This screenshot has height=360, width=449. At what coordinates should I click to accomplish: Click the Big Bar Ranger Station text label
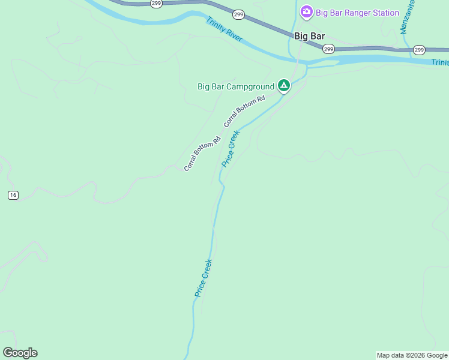357,13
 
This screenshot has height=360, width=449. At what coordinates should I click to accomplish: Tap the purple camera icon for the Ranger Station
307,12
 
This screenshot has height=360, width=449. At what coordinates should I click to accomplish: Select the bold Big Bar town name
309,36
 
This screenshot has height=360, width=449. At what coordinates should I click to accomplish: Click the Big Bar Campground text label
236,86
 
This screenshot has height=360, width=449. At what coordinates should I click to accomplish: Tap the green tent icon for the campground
283,86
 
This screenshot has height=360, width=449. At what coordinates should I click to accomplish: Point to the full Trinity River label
224,29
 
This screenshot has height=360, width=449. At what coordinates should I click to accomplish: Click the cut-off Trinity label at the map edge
439,62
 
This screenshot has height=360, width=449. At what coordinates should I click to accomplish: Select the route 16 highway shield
13,195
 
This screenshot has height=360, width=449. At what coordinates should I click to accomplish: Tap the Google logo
20,353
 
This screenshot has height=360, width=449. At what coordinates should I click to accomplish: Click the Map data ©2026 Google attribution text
412,355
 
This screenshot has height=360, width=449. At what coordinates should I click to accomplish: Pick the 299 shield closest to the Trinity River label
238,14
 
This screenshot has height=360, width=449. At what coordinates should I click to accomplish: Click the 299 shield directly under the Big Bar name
328,49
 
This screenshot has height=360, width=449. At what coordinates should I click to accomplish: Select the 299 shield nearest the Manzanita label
419,50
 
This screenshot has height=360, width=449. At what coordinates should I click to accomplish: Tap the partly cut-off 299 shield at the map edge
156,3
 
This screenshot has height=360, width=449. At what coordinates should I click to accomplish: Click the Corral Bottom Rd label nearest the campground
244,111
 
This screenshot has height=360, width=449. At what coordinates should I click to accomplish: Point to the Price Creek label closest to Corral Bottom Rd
231,148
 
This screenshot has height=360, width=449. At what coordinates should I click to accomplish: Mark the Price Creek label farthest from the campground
203,277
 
